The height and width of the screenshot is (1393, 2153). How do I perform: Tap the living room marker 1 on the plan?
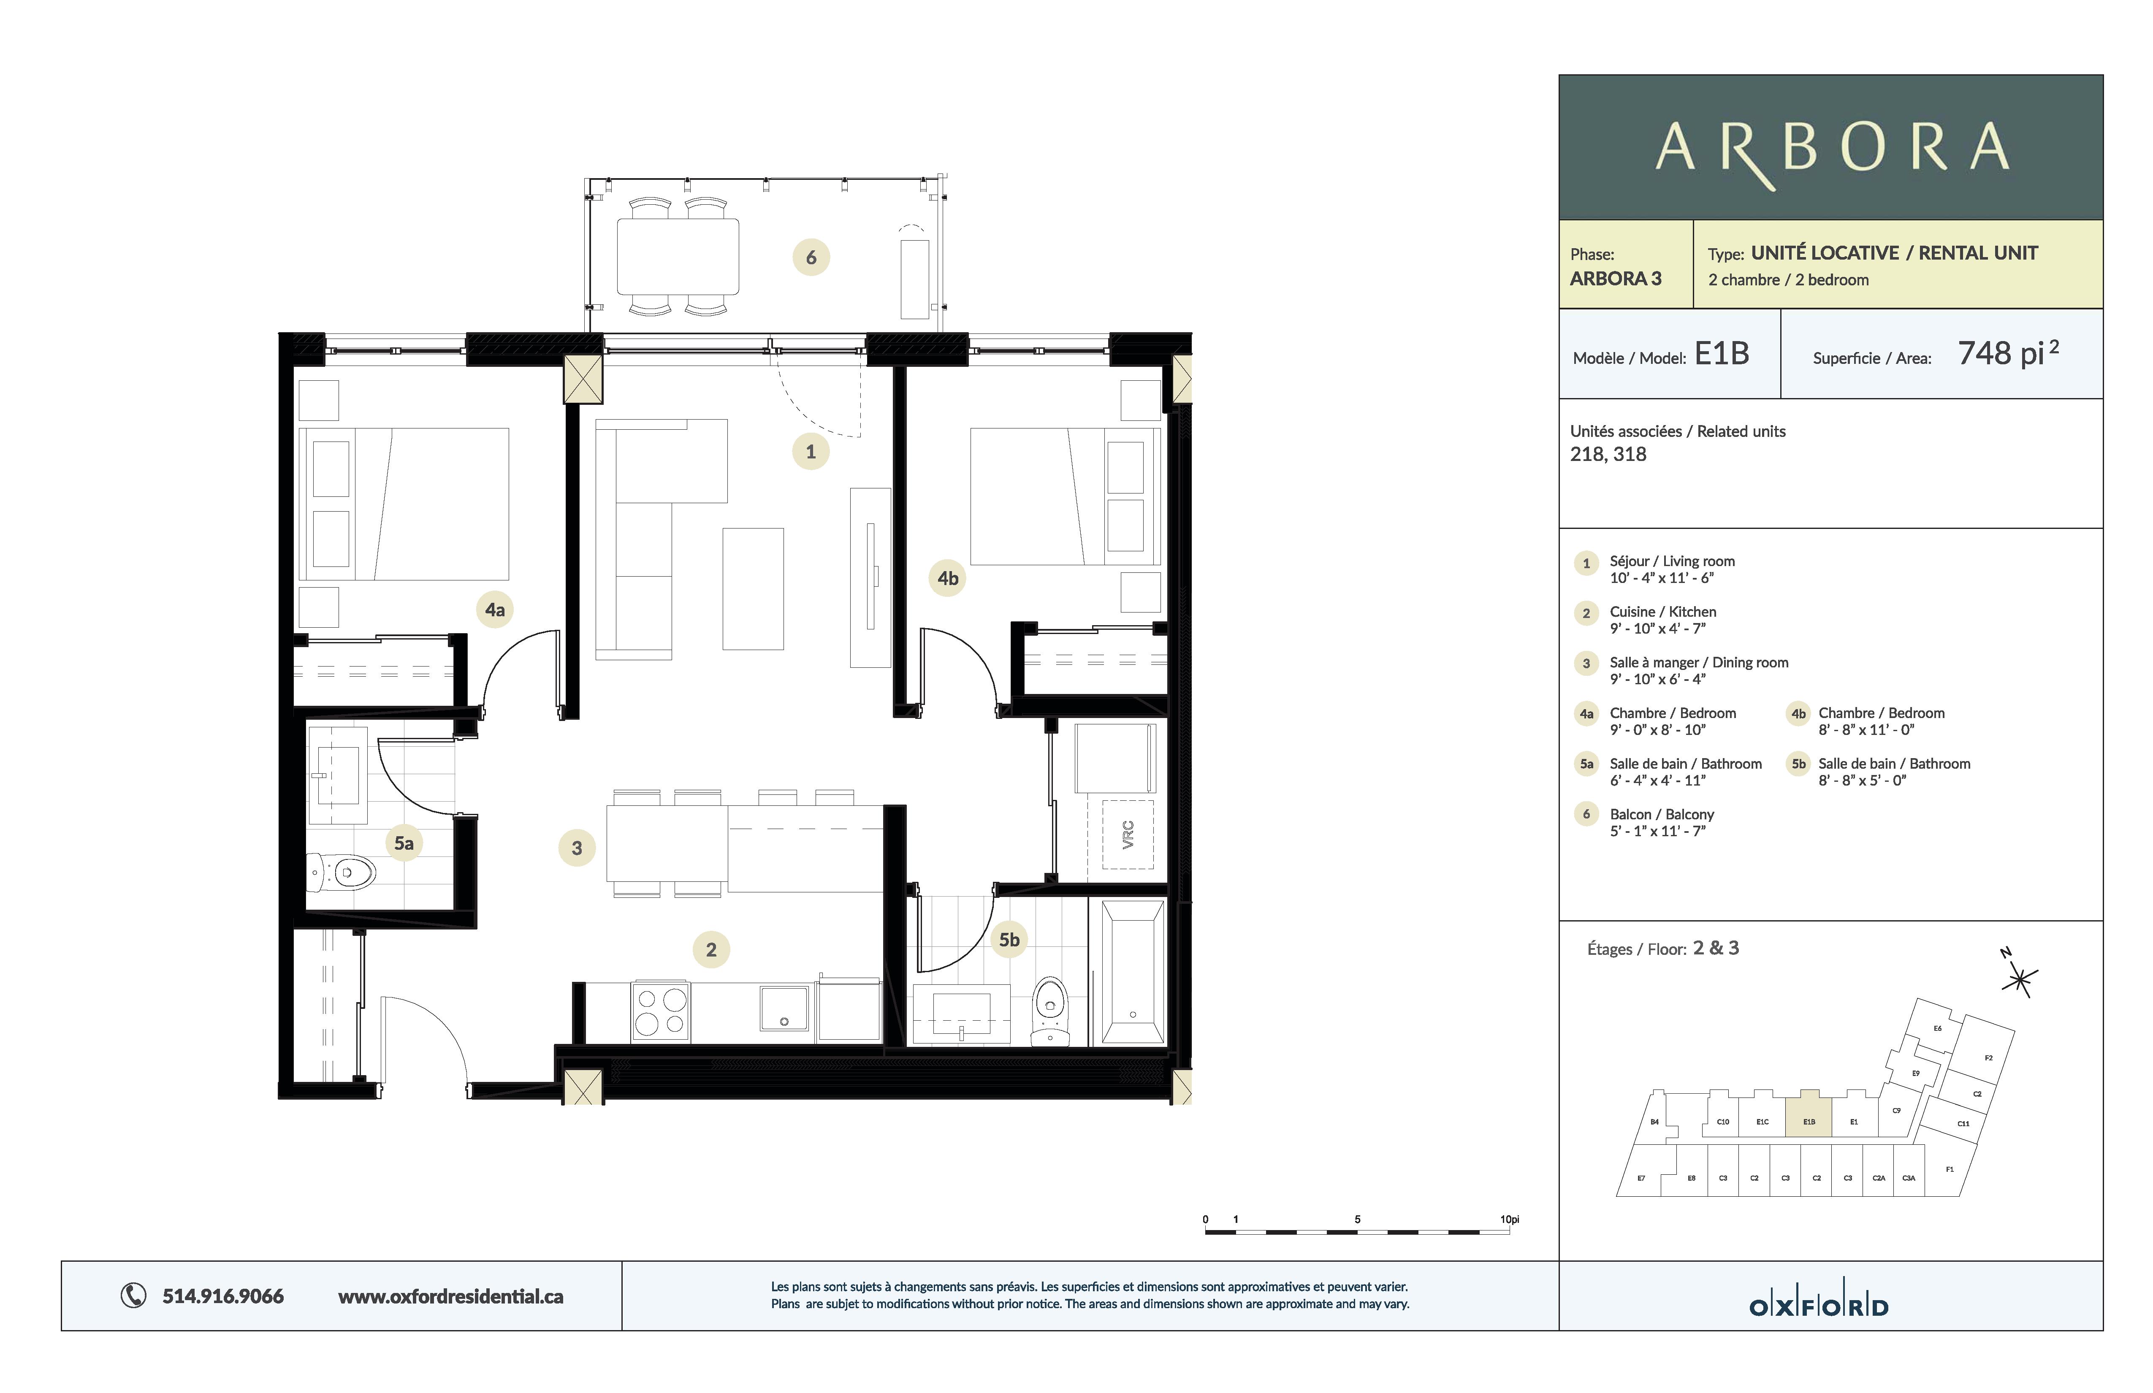811,451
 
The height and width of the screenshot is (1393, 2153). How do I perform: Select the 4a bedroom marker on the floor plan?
495,610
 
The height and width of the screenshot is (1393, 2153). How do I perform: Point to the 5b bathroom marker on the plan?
1009,940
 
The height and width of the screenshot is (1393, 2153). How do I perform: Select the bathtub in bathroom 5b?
1133,973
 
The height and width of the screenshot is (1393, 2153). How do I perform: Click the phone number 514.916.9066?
222,1296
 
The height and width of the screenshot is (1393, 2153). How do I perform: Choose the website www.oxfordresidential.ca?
450,1296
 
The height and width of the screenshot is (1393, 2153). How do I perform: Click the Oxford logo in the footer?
1818,1306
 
